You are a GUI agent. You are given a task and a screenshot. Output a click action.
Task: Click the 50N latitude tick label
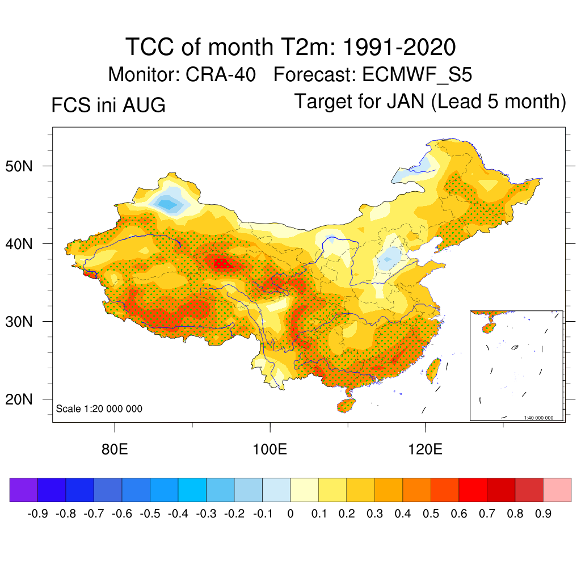coord(19,166)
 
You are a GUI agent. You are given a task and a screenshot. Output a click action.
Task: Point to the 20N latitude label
coord(19,399)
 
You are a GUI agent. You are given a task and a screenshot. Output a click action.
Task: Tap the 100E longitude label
coord(270,449)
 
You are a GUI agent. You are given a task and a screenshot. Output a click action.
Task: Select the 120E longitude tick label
coord(425,449)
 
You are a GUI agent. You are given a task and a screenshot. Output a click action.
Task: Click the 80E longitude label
coord(115,449)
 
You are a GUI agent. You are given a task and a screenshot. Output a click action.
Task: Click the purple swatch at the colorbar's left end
coord(24,490)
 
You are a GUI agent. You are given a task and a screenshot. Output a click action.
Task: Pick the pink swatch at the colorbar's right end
coord(557,490)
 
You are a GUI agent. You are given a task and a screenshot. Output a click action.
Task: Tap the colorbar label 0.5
coord(431,514)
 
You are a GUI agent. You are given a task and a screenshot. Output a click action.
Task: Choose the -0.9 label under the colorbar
coord(37,514)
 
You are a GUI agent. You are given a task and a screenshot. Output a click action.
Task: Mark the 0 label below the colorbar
coord(290,514)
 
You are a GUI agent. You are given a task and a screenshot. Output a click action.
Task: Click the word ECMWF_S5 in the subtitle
coord(417,74)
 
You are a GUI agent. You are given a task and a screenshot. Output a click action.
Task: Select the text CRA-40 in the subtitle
coord(221,74)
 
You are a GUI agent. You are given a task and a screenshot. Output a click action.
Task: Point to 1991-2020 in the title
coord(399,47)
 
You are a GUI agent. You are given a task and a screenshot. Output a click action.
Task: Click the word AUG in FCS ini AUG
coord(144,105)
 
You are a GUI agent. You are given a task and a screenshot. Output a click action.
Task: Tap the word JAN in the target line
coord(405,101)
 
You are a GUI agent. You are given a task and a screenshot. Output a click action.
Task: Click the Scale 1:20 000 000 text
coord(99,409)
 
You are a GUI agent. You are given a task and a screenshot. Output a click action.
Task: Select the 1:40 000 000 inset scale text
coord(538,418)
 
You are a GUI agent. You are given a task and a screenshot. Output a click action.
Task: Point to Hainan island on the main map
coord(346,406)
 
